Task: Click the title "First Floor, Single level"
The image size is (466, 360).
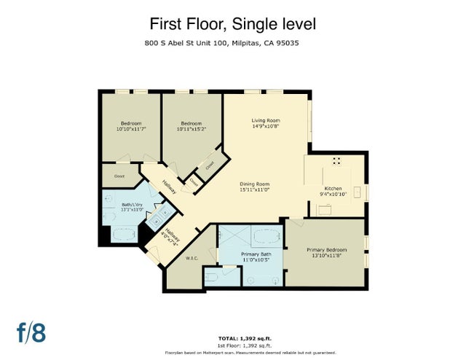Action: [x=233, y=24]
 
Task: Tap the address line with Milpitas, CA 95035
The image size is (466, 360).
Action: [x=232, y=44]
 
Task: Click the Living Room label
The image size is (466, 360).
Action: [x=266, y=120]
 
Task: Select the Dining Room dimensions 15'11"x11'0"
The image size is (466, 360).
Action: [x=255, y=189]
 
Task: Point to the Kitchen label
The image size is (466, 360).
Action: [x=332, y=188]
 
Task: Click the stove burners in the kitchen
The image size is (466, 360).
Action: [x=336, y=162]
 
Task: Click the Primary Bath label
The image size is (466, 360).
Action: [x=256, y=254]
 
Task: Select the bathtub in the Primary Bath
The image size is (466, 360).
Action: [x=261, y=238]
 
